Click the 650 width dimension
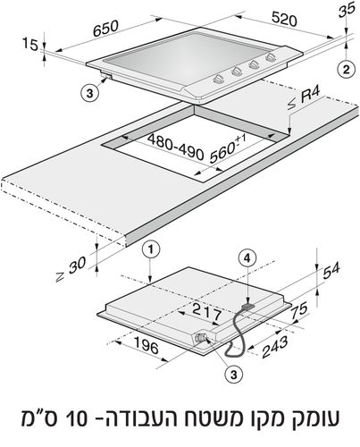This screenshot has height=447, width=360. (105, 29)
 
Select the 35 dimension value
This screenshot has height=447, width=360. (347, 10)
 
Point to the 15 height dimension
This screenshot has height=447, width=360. (30, 45)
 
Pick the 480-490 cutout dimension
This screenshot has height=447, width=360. (176, 147)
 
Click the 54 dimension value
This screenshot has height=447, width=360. (331, 270)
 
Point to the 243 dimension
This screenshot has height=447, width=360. (274, 347)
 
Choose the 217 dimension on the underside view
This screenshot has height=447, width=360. (206, 312)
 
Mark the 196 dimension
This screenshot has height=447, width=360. (147, 345)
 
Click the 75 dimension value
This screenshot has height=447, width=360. (298, 310)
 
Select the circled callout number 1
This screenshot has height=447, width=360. (151, 249)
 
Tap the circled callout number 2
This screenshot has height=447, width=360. (346, 69)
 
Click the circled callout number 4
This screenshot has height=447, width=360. (247, 258)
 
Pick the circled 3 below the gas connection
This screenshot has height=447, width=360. (234, 375)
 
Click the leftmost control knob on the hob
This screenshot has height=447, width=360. (218, 79)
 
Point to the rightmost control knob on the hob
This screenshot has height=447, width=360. (271, 56)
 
